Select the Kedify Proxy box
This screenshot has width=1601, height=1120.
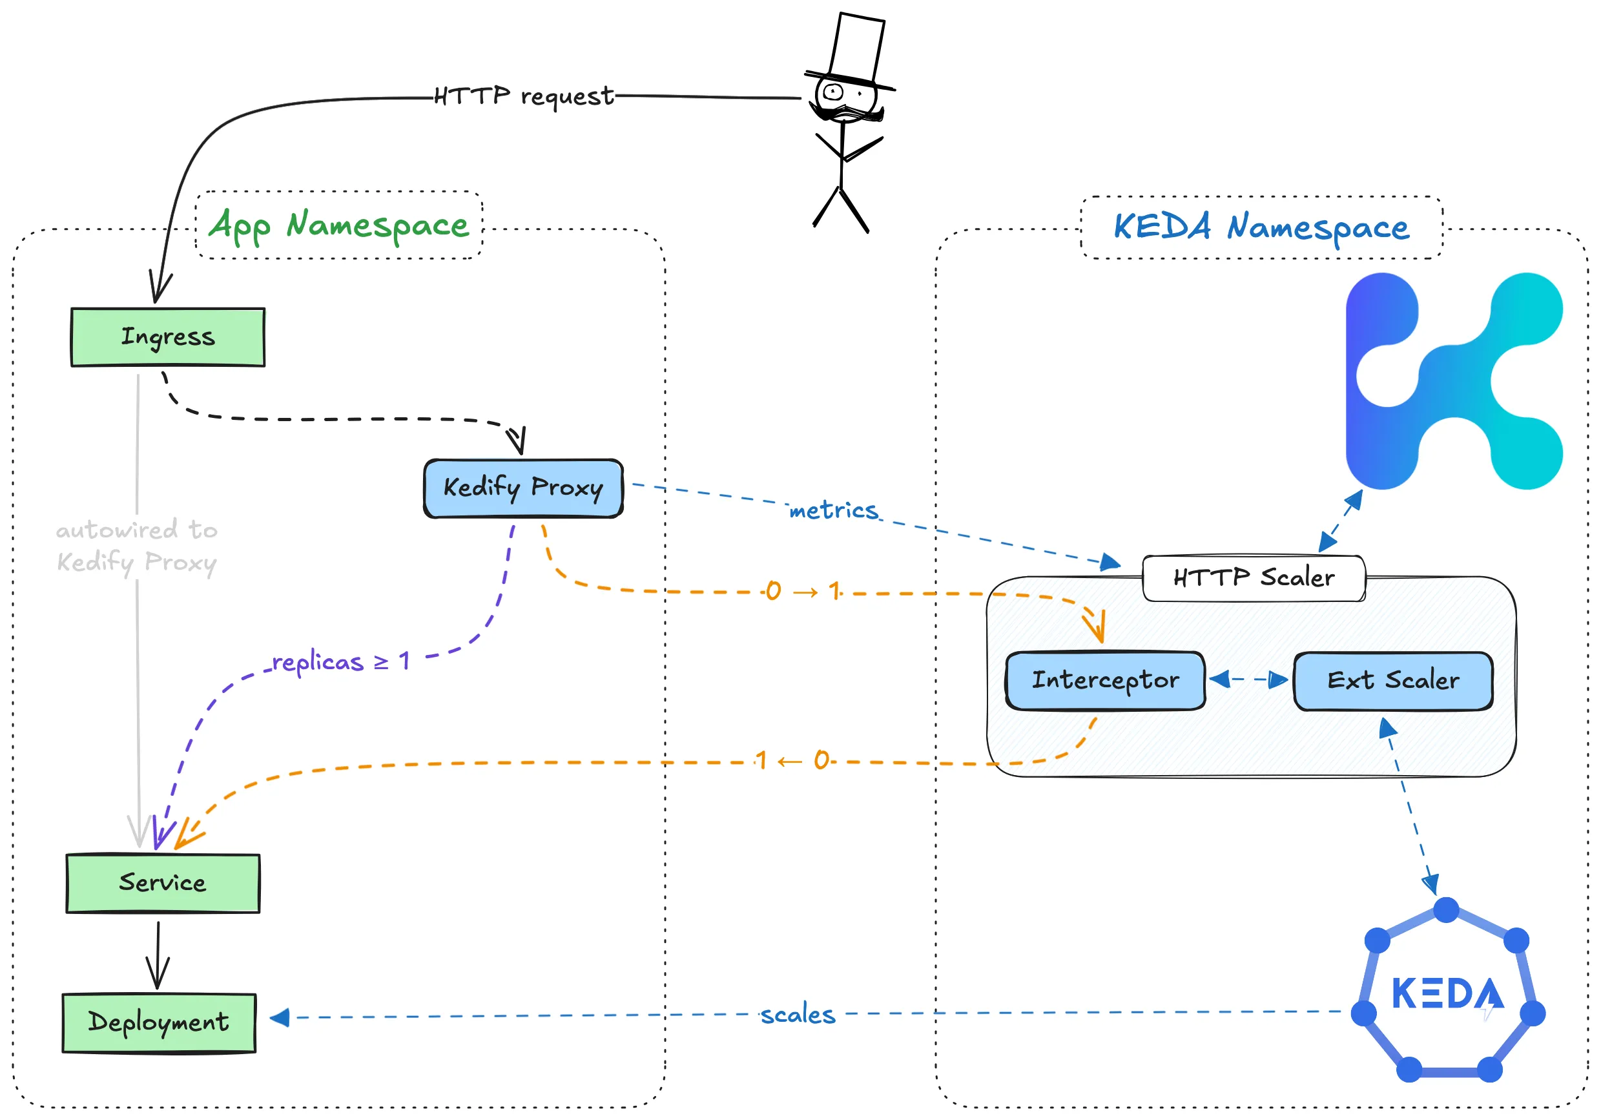point(523,488)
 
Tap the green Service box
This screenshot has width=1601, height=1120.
point(163,883)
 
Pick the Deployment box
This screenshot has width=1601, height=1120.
point(159,1022)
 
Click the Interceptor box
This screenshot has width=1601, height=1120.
point(1105,681)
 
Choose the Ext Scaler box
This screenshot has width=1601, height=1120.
point(1392,681)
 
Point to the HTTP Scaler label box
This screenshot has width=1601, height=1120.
point(1253,578)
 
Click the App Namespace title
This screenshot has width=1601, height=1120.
point(339,225)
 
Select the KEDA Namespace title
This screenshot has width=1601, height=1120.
point(1261,227)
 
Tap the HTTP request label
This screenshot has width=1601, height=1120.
point(524,96)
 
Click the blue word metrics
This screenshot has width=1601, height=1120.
point(833,510)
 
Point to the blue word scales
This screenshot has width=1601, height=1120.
point(798,1015)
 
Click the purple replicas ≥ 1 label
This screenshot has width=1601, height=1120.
point(340,661)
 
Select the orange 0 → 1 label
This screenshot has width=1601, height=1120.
point(803,592)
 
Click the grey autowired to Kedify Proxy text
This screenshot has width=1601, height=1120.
point(137,546)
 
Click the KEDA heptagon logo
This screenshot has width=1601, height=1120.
point(1447,993)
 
